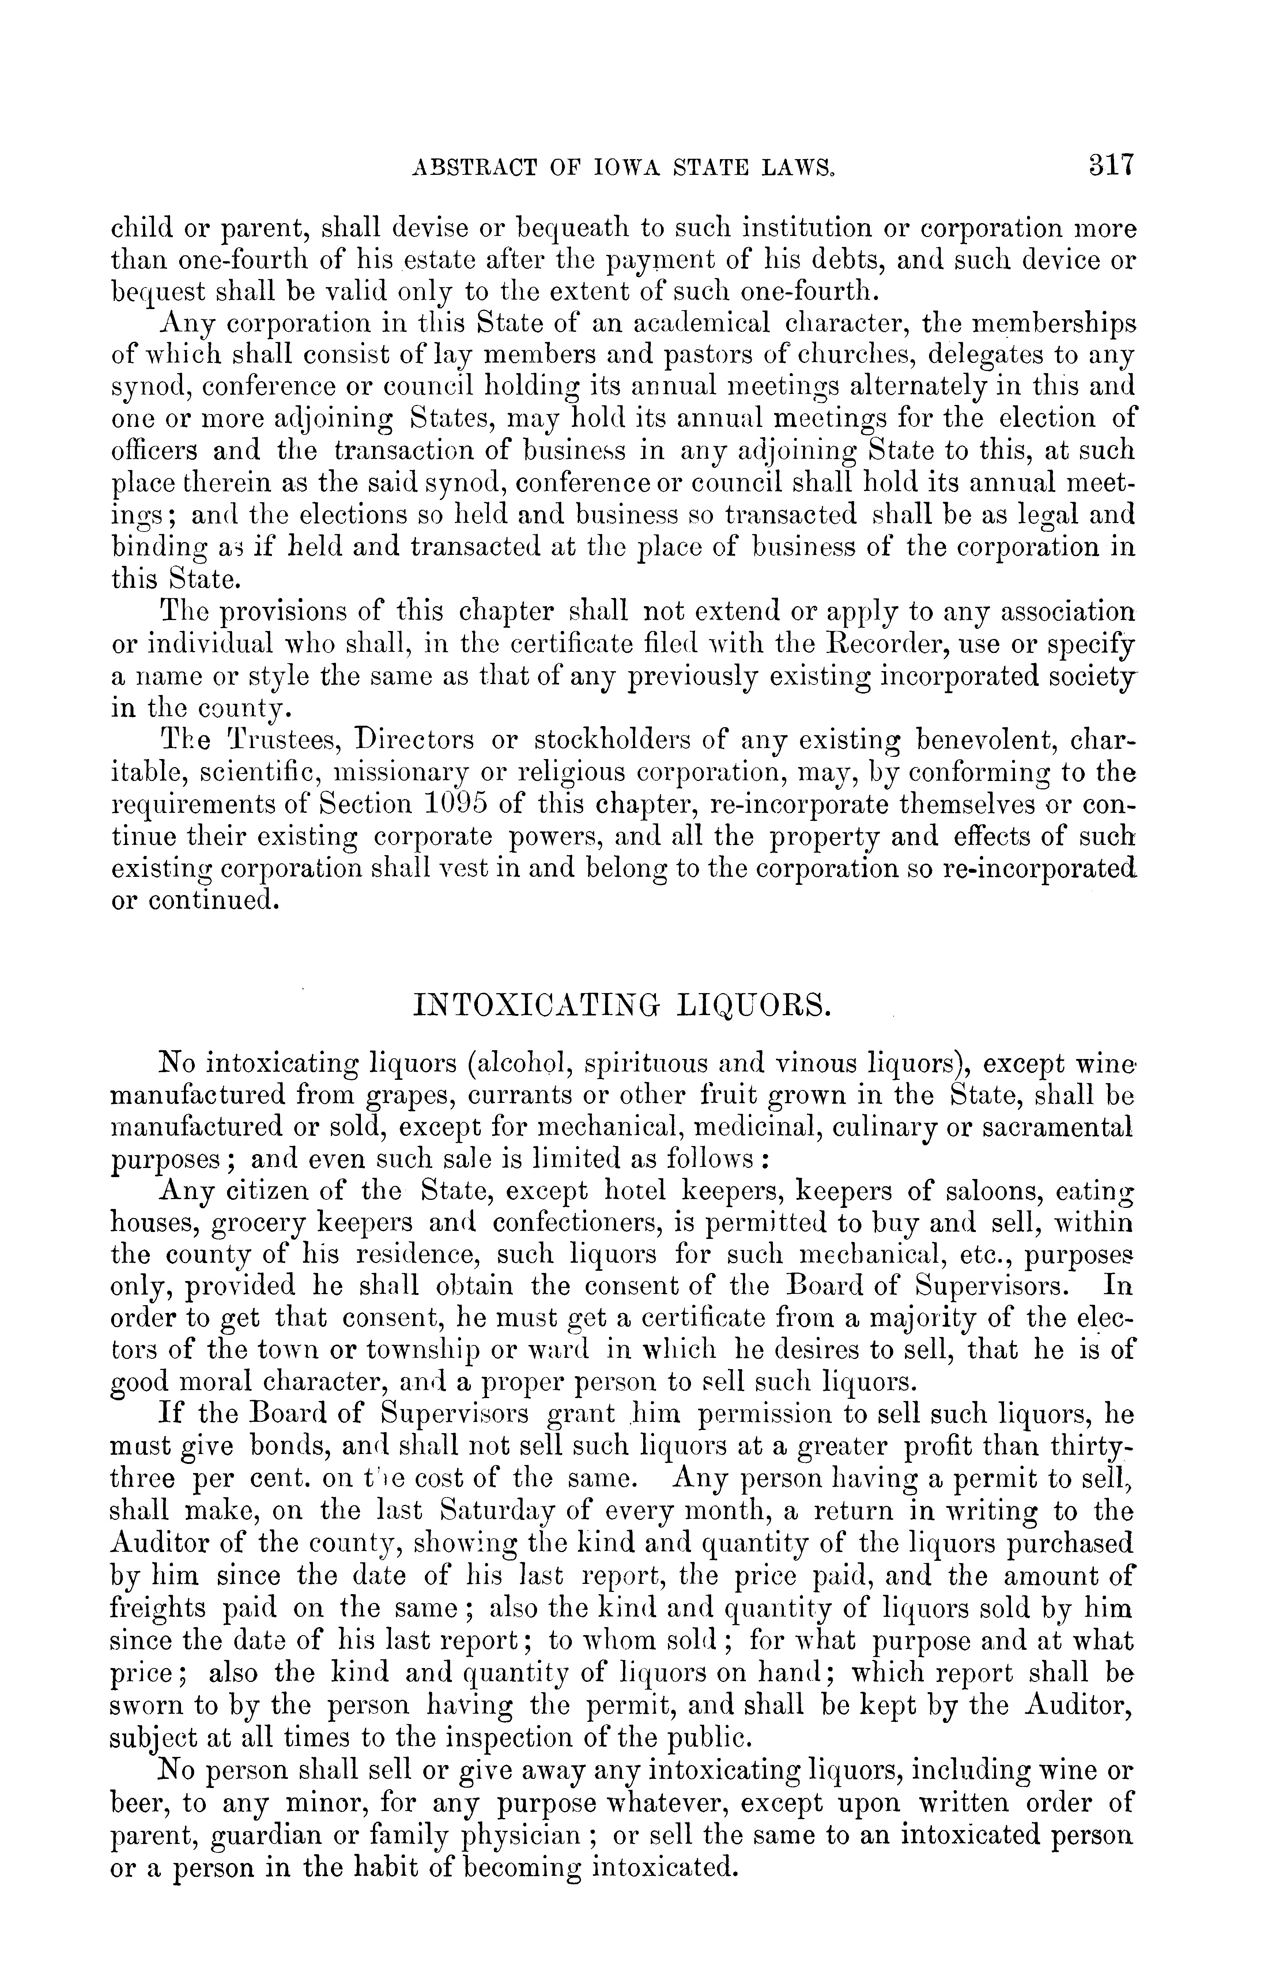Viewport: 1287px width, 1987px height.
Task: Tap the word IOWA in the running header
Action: [590, 167]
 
